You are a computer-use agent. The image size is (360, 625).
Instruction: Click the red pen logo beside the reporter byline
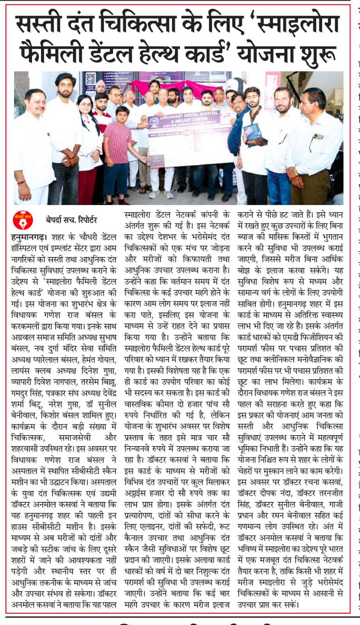tap(19, 222)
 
